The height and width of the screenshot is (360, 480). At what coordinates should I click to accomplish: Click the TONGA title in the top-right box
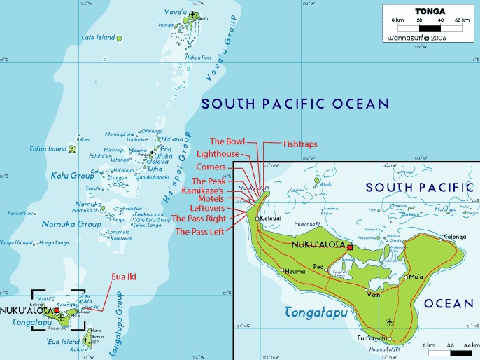click(428, 11)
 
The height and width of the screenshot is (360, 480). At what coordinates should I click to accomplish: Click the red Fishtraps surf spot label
click(300, 144)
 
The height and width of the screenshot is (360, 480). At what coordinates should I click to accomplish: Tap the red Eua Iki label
click(123, 277)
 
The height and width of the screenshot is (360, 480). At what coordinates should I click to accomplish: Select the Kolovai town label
click(273, 219)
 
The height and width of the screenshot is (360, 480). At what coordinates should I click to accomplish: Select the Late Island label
click(98, 37)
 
